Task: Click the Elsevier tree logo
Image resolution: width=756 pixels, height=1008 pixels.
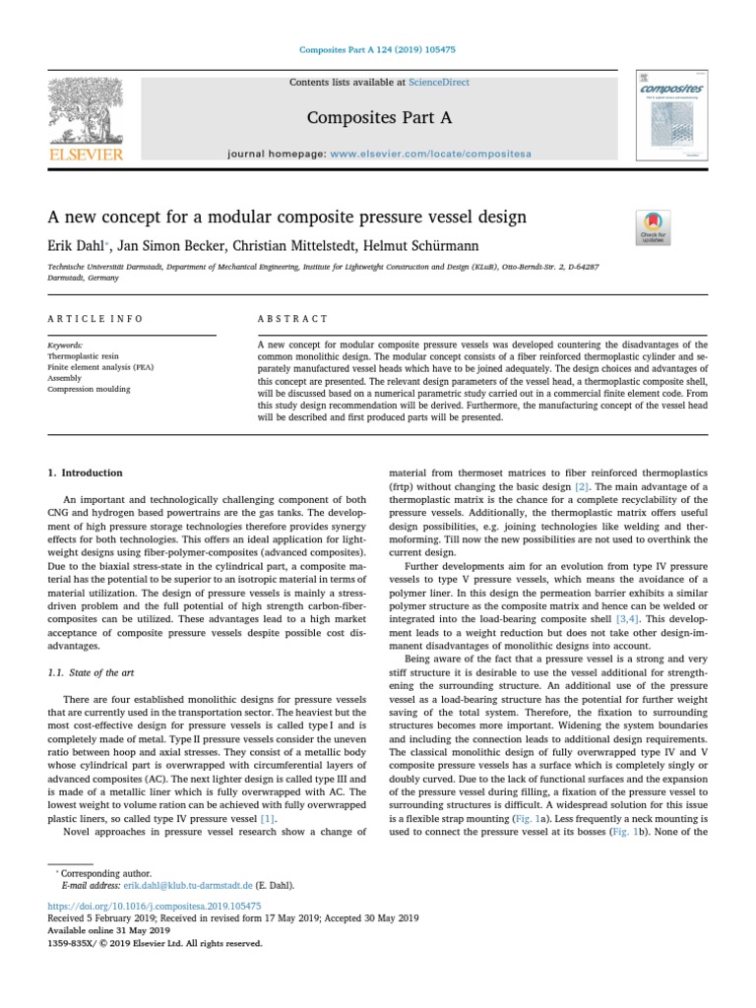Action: (86, 112)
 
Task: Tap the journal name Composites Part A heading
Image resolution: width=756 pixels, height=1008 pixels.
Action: (379, 118)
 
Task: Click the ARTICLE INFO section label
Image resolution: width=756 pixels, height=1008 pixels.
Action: (95, 319)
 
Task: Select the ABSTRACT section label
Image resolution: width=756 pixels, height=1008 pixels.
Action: (292, 319)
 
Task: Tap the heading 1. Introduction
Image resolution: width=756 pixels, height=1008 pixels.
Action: (87, 473)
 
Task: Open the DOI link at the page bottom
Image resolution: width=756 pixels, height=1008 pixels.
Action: (155, 905)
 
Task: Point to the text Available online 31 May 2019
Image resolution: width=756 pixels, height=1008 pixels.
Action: (109, 929)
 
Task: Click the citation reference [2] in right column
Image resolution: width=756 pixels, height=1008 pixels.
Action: (582, 486)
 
